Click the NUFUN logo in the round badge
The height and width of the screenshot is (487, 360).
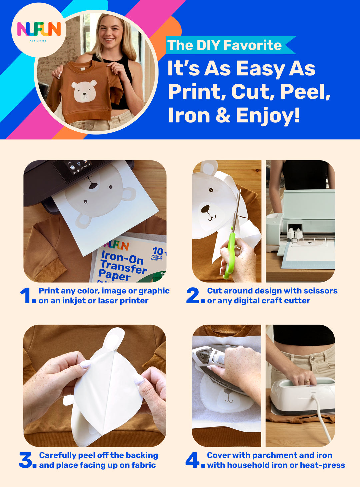39,30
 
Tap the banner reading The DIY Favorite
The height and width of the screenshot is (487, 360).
225,45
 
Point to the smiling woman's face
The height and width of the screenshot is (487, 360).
110,32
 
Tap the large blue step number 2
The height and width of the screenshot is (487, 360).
193,296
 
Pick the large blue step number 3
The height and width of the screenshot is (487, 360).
26,460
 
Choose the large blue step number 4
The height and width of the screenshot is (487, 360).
192,460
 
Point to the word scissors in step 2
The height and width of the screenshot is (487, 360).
321,291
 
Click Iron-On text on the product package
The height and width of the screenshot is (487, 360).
122,257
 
